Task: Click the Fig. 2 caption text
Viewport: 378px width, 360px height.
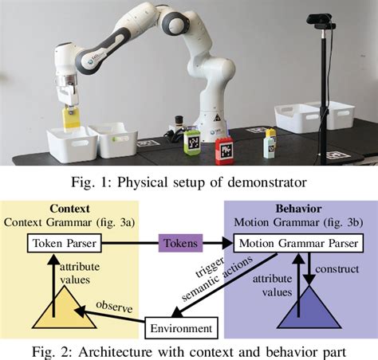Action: click(189, 350)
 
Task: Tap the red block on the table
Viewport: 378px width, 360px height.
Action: click(226, 148)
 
